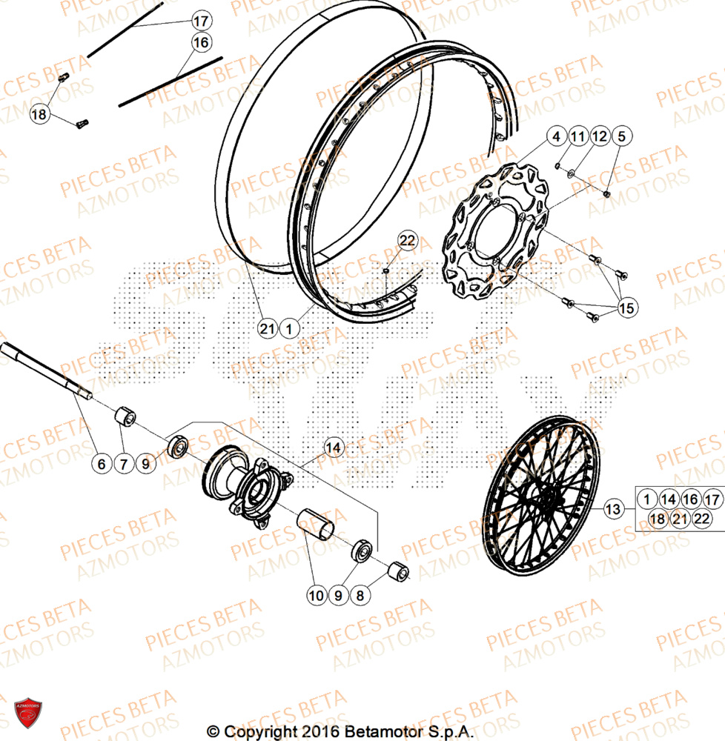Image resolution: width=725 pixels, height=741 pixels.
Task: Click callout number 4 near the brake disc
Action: tap(557, 136)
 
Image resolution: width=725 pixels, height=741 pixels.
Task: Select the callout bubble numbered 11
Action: tap(578, 136)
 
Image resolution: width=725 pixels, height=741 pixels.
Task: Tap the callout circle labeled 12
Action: tap(600, 136)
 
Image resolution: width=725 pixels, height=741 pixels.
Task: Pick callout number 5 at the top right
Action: tap(621, 136)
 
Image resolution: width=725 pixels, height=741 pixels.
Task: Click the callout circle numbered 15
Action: tap(627, 308)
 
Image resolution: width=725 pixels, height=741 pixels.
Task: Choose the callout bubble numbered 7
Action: tap(124, 465)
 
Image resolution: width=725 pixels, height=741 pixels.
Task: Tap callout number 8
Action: tap(360, 594)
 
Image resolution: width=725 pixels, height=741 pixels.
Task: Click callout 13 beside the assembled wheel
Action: tap(613, 509)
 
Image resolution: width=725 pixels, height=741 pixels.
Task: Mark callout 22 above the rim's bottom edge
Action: tap(408, 240)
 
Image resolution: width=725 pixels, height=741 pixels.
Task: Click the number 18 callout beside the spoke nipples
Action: tap(40, 114)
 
